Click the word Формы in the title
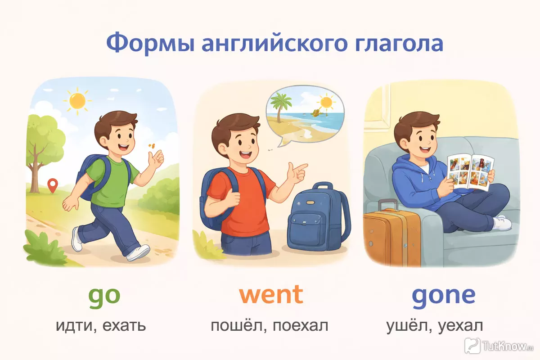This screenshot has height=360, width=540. (150, 43)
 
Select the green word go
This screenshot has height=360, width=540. (104, 297)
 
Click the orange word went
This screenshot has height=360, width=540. (271, 294)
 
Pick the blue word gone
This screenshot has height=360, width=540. (444, 297)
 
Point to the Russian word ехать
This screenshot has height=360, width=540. (124, 325)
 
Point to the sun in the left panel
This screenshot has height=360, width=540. (77, 101)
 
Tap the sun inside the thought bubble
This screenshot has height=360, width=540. (326, 103)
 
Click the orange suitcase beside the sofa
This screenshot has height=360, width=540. (392, 238)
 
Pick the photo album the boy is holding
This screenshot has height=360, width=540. (470, 172)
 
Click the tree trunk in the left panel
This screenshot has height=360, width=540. (36, 174)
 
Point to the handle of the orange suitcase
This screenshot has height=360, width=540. (388, 205)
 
